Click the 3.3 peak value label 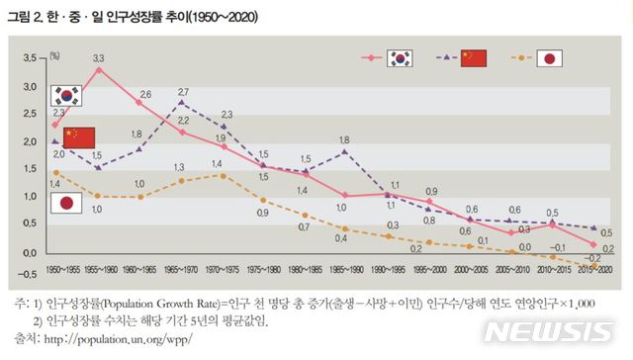click(99, 58)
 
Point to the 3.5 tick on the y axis click(28, 59)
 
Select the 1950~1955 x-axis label click(64, 269)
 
